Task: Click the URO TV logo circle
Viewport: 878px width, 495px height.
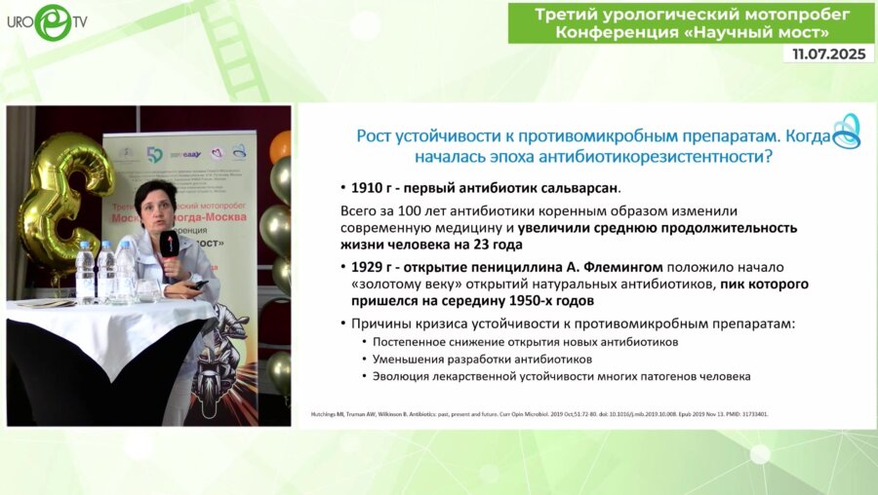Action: coord(53,21)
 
